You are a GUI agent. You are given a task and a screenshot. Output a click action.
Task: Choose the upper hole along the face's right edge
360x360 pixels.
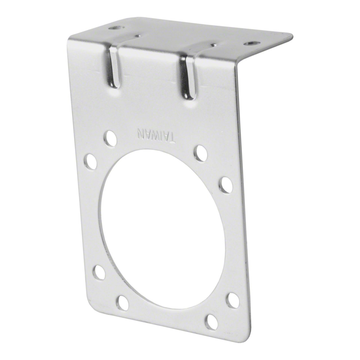click(226, 185)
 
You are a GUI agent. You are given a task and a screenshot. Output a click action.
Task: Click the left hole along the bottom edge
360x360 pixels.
click(123, 302)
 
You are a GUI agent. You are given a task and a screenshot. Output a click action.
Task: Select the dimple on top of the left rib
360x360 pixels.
click(138, 36)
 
